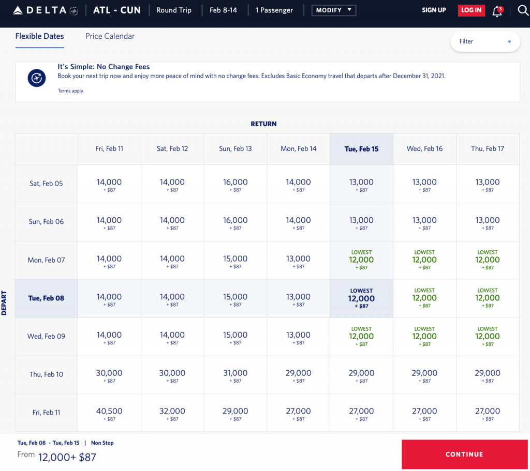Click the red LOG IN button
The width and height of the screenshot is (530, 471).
471,10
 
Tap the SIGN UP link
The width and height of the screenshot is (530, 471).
434,10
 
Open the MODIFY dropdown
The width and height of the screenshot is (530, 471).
333,10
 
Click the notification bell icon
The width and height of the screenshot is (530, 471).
497,11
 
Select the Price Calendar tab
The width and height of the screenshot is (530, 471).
110,36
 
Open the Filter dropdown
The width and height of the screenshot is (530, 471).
485,41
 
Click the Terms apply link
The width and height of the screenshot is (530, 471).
70,91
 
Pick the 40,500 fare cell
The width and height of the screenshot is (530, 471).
109,413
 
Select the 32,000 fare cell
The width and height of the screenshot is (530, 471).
172,413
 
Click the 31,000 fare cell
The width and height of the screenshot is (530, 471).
235,375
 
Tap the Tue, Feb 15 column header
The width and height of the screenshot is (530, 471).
361,149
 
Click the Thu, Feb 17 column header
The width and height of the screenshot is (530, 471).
488,149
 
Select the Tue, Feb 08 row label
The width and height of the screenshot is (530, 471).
46,298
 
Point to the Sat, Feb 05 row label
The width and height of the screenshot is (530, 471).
46,184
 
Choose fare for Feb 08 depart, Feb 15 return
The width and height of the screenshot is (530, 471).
361,298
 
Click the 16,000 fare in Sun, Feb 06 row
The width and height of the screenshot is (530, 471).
235,222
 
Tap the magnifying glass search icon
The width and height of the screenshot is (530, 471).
523,10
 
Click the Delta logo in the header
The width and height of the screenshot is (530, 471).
46,10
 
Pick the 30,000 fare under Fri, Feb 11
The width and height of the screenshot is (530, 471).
109,375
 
